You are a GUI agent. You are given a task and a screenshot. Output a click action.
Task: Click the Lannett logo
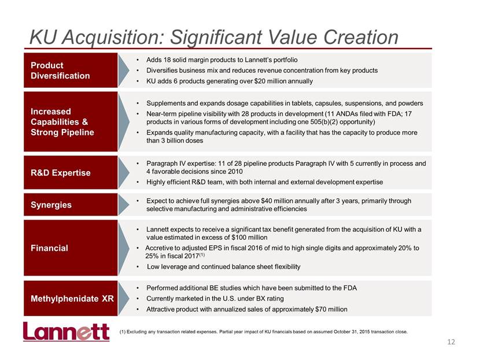point(66,331)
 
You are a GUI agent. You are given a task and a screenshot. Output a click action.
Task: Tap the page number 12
point(451,342)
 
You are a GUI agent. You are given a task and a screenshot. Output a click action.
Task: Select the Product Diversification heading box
point(71,70)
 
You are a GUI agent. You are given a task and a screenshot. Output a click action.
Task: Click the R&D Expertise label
point(61,173)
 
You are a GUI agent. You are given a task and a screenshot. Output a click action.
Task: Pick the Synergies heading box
point(71,205)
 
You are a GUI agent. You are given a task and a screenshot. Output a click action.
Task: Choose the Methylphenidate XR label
point(72,299)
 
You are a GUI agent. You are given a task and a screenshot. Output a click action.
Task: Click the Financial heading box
point(71,248)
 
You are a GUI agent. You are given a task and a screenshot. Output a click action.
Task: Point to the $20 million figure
point(269,81)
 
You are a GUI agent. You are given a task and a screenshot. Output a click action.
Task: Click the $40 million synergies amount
point(276,201)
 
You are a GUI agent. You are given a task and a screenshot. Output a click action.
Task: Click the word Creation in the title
point(361,37)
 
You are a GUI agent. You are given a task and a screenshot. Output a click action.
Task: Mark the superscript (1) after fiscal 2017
point(202,254)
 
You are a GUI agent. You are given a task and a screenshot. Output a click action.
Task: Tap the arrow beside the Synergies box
point(124,205)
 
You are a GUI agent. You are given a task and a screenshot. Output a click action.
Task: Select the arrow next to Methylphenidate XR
point(124,298)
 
